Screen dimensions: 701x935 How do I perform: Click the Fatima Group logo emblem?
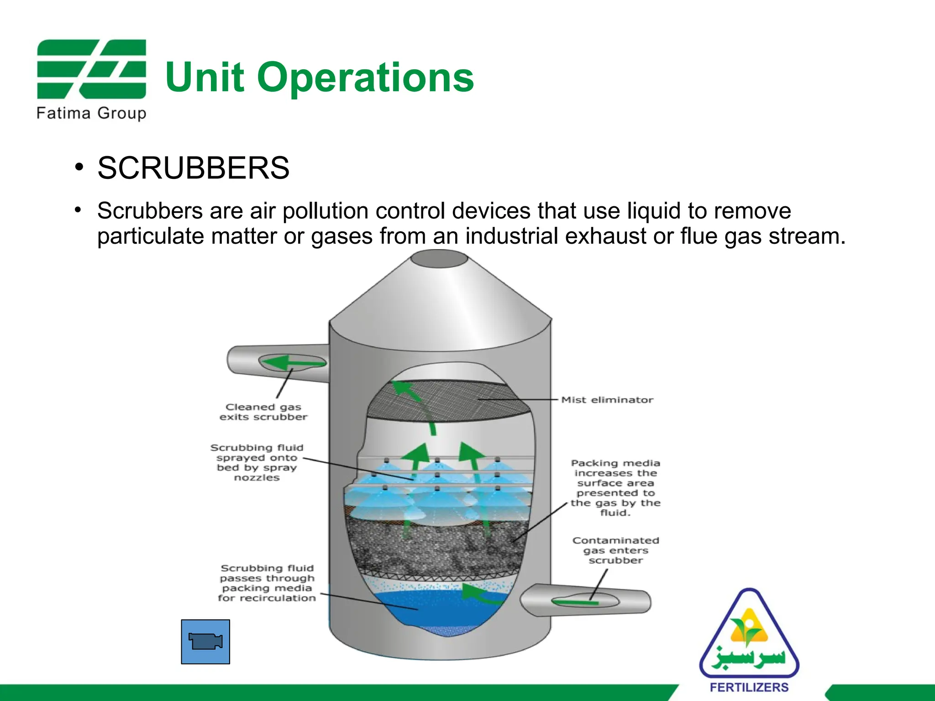click(x=91, y=69)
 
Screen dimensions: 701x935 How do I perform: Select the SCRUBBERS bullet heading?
click(x=193, y=168)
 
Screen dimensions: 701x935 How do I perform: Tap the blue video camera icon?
click(x=205, y=641)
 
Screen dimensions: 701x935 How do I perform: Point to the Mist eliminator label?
click(x=607, y=400)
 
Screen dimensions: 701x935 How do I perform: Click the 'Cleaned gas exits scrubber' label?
click(x=263, y=412)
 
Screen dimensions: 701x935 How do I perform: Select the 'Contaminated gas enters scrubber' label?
click(x=615, y=550)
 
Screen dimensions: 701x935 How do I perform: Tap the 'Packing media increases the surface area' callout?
click(x=615, y=488)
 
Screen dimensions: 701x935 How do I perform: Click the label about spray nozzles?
click(x=257, y=462)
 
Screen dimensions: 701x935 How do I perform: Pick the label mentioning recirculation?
click(x=267, y=583)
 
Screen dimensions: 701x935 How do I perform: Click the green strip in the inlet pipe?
click(x=575, y=602)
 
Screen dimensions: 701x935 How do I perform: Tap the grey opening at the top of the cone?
click(x=439, y=259)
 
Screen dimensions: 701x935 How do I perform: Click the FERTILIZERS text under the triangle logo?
click(x=749, y=687)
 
